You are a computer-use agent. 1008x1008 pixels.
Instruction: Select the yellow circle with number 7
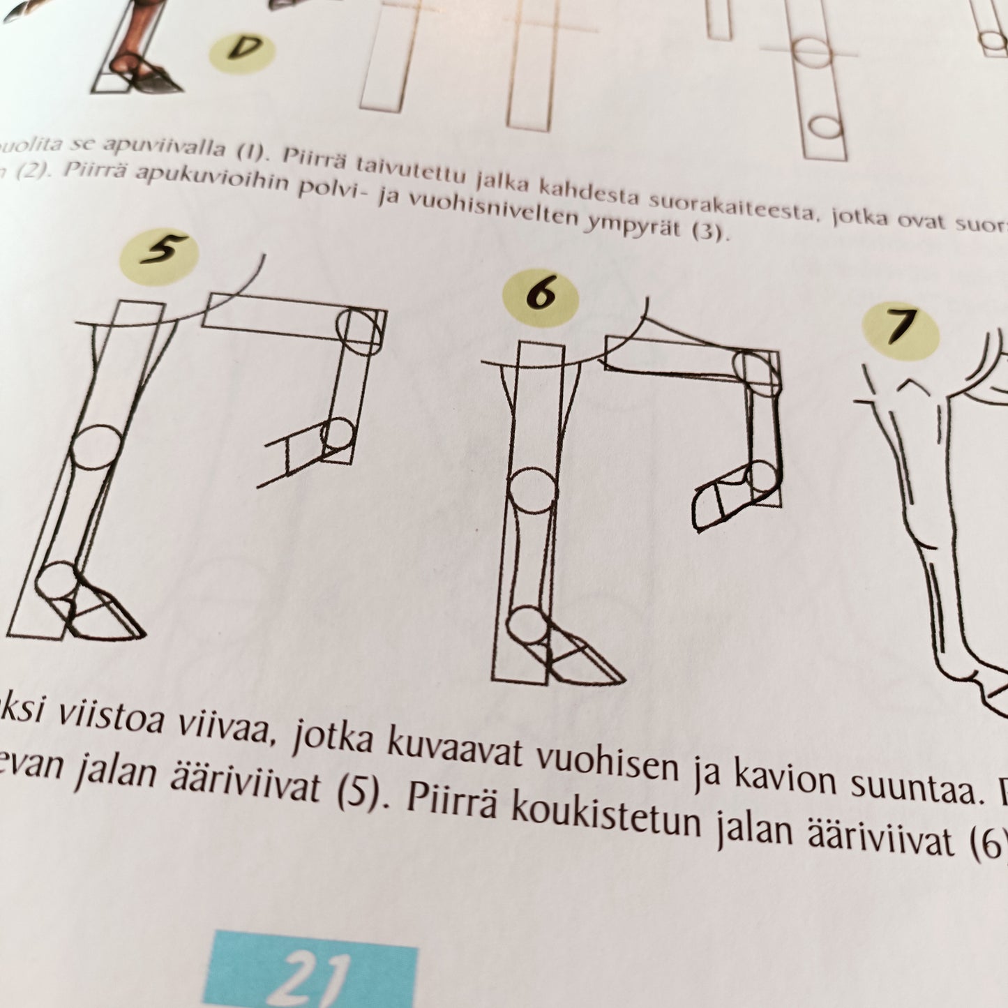point(900,330)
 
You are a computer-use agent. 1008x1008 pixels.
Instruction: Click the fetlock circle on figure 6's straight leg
point(528,627)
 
